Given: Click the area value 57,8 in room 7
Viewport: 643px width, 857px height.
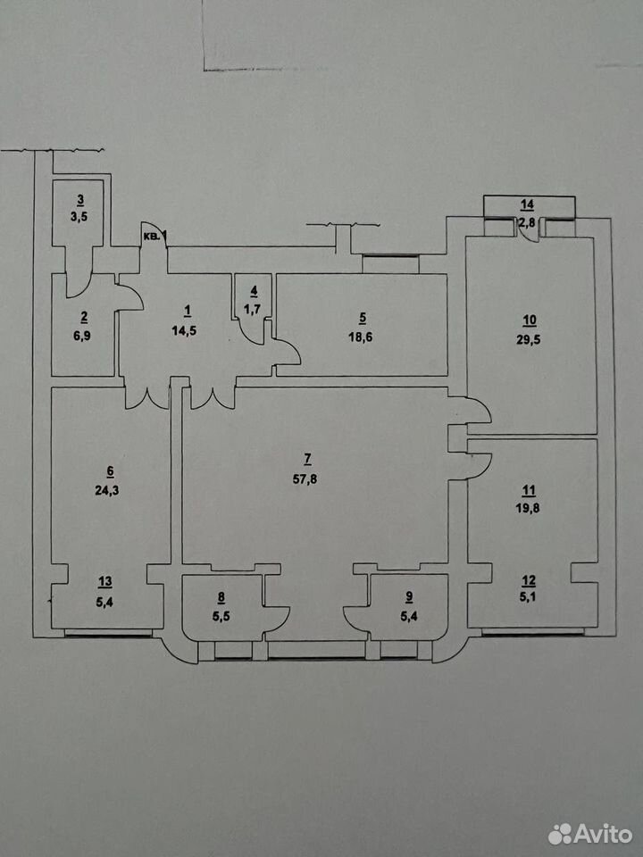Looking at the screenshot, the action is (305, 479).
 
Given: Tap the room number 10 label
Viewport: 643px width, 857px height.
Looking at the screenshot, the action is (530, 320).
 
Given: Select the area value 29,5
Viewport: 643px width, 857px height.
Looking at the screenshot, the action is (529, 339).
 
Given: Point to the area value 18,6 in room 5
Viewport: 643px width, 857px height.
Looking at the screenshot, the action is (360, 337).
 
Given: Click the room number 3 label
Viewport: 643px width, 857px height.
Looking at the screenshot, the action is (80, 199).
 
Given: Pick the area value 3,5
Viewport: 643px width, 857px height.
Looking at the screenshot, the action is (80, 216).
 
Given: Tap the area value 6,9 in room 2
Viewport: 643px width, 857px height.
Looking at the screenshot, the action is (83, 336).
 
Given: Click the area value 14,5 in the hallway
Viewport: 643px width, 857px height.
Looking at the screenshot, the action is (184, 331).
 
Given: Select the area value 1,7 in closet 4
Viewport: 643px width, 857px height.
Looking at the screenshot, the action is (252, 310).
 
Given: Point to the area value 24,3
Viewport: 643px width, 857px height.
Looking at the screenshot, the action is (107, 490).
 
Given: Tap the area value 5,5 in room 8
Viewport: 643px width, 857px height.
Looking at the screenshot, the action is (221, 616).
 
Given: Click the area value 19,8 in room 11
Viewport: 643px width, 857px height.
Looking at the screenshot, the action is (529, 508).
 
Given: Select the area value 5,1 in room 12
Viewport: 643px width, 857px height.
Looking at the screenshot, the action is (528, 597).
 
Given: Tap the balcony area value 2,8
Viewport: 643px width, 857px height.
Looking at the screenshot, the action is (527, 222).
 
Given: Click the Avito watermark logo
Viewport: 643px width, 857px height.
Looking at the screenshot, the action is (590, 834).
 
